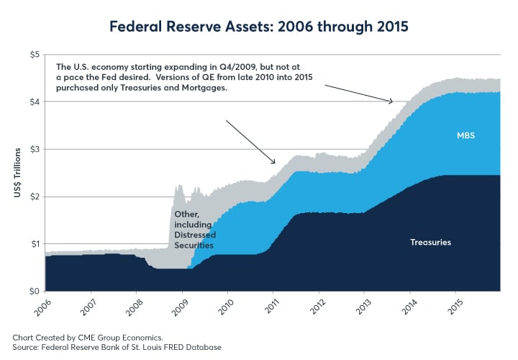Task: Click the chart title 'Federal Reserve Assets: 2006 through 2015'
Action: tap(259, 28)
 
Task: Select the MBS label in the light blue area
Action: tap(466, 135)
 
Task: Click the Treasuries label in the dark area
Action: tap(430, 242)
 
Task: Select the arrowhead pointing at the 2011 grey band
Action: tap(274, 162)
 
